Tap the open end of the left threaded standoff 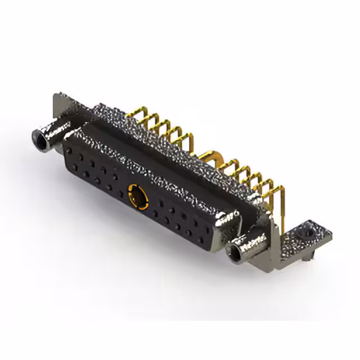(x=40, y=137)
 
